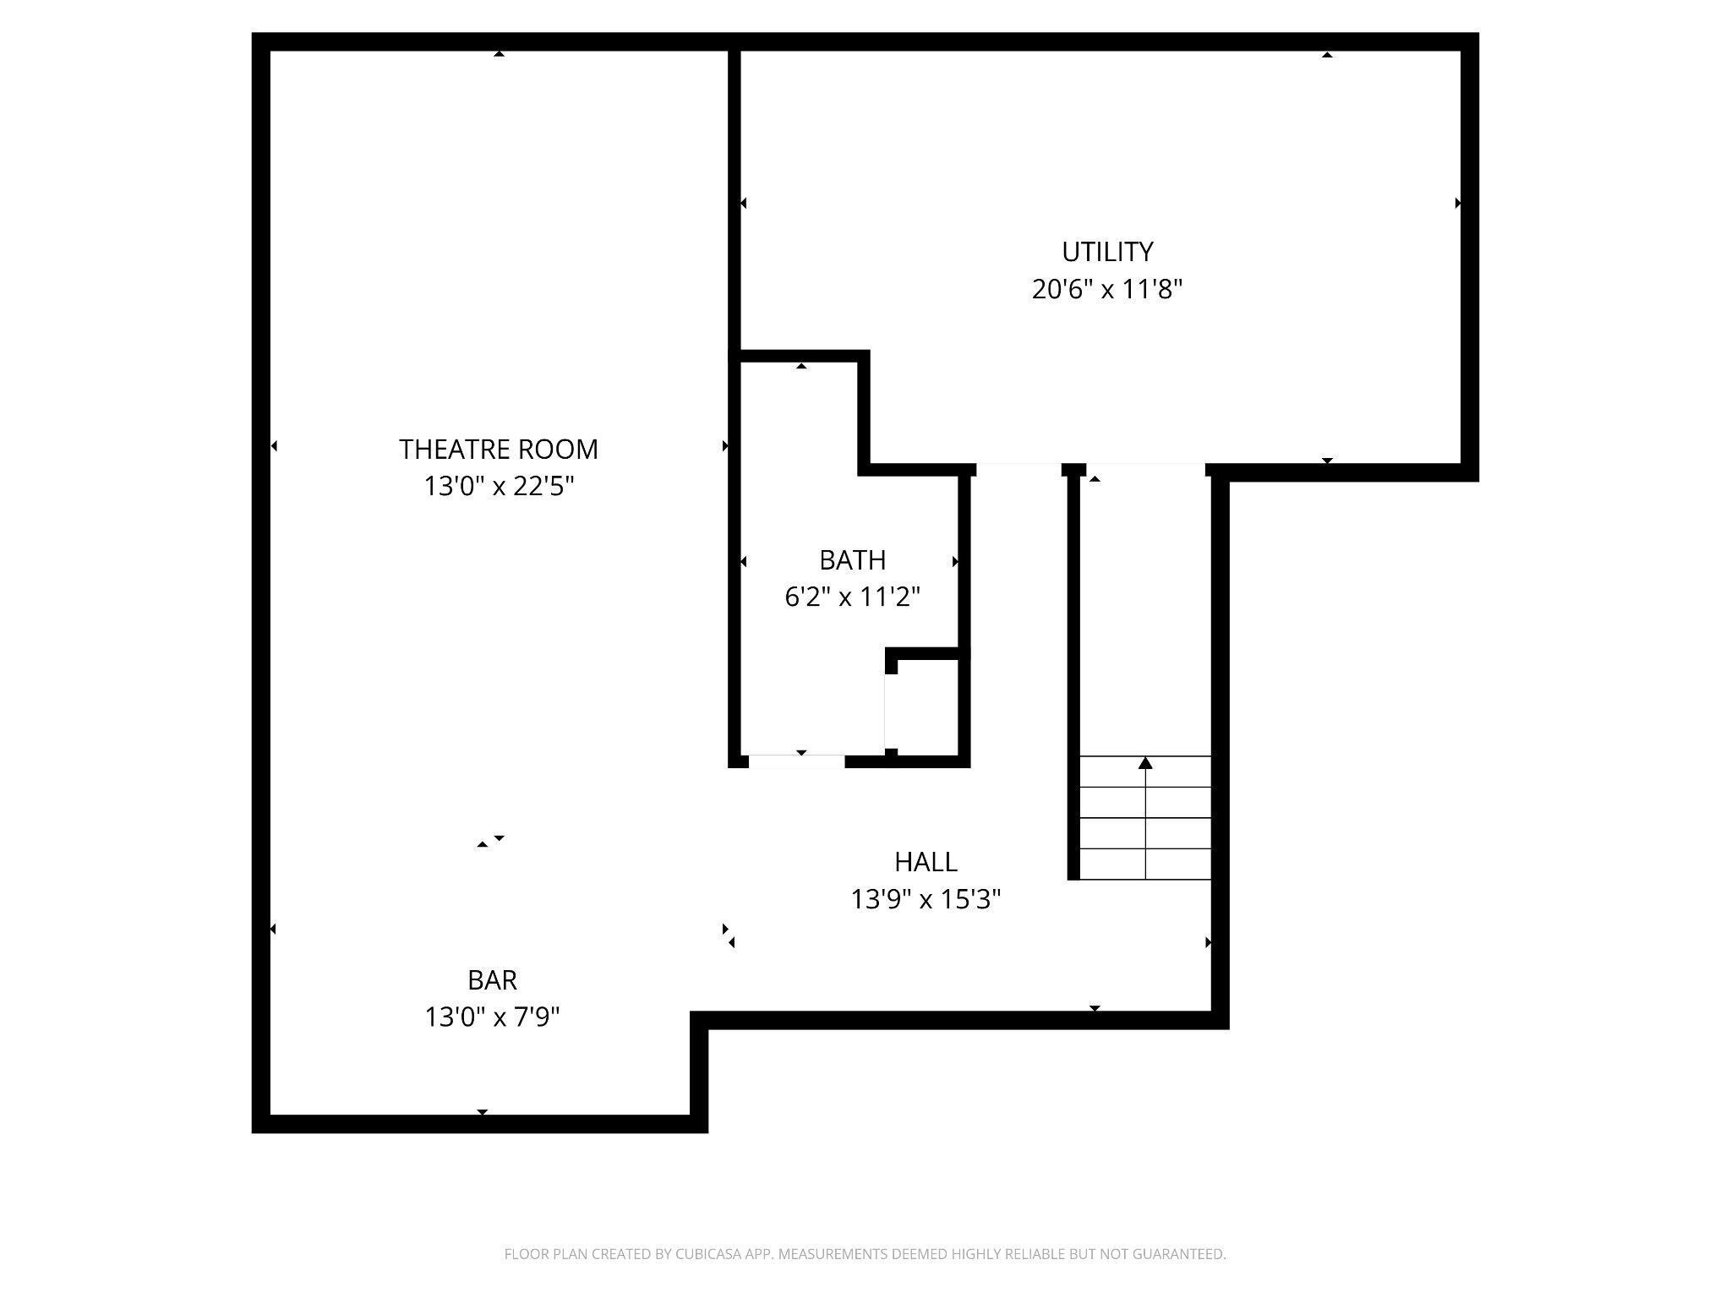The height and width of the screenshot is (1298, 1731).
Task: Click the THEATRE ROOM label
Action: tap(499, 449)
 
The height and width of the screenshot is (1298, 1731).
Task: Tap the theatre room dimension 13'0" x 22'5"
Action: tap(499, 486)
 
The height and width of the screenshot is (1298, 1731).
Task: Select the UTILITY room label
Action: tap(1107, 252)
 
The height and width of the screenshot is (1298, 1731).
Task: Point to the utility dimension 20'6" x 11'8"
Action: tap(1107, 289)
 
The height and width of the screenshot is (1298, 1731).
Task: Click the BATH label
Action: tap(852, 559)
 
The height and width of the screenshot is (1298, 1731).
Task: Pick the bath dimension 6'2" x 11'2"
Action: tap(852, 597)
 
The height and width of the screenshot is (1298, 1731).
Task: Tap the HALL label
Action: tap(926, 862)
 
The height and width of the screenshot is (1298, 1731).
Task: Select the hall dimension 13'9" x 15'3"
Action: tap(926, 899)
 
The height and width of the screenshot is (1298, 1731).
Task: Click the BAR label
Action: tap(492, 979)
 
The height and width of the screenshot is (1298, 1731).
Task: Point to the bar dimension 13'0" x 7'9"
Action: tap(492, 1017)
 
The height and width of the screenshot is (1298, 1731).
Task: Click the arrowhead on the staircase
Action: tap(1145, 763)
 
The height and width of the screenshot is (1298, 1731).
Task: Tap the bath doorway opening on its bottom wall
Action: tap(797, 761)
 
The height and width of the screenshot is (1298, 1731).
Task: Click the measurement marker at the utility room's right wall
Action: tap(1458, 204)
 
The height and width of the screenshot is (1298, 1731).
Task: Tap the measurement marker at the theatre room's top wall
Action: tap(500, 54)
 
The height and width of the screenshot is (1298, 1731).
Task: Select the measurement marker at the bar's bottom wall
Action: tap(483, 1112)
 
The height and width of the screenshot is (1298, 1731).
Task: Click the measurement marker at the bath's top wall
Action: tap(801, 366)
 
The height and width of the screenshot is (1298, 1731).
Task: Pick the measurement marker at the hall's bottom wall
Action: tap(1095, 1008)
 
